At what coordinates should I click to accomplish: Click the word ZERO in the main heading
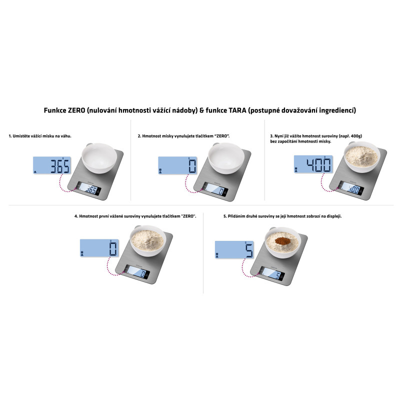pyautogui.click(x=76, y=110)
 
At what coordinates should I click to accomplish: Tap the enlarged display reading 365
pyautogui.click(x=52, y=165)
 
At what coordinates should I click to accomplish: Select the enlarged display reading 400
pyautogui.click(x=313, y=164)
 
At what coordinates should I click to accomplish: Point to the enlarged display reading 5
pyautogui.click(x=234, y=249)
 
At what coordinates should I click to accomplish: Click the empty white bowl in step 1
pyautogui.click(x=99, y=158)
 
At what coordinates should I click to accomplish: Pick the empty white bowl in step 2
pyautogui.click(x=226, y=158)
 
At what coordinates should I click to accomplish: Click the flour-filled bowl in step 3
pyautogui.click(x=361, y=157)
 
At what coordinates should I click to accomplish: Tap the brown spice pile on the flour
pyautogui.click(x=282, y=240)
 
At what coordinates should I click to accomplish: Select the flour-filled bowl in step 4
pyautogui.click(x=148, y=241)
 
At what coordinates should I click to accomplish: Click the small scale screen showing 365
pyautogui.click(x=89, y=189)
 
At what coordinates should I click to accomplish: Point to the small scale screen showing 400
pyautogui.click(x=352, y=188)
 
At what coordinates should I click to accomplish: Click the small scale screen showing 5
pyautogui.click(x=272, y=273)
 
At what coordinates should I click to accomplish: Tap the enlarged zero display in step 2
pyautogui.click(x=177, y=165)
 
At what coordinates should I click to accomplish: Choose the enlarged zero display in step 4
pyautogui.click(x=99, y=248)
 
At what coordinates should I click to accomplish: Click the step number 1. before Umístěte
pyautogui.click(x=10, y=136)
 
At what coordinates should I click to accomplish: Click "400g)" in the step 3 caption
pyautogui.click(x=356, y=136)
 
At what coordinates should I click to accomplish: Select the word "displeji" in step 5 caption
pyautogui.click(x=333, y=216)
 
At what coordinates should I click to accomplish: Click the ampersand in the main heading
pyautogui.click(x=202, y=110)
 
